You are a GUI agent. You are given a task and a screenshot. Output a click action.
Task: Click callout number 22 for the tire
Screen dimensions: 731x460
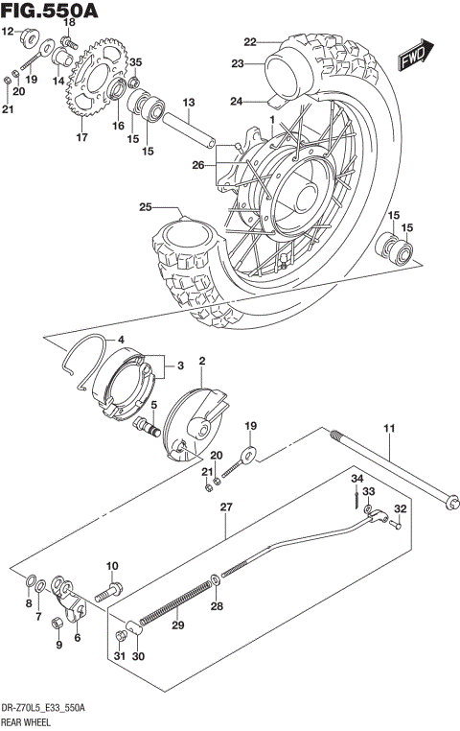coord(250,41)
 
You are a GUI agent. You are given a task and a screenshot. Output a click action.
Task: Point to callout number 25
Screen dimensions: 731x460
coord(146,207)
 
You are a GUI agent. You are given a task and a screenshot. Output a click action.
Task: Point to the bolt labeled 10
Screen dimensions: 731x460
coord(114,584)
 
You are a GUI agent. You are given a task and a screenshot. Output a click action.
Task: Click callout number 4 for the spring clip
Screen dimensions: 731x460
coord(121,340)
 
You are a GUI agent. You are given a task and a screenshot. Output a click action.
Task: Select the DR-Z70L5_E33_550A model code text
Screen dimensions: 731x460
coord(43,707)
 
